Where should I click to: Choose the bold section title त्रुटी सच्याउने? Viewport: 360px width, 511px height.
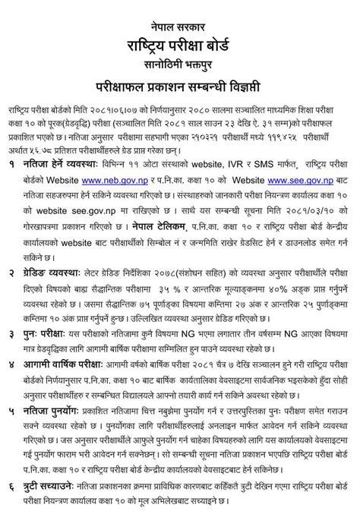[x=53, y=484]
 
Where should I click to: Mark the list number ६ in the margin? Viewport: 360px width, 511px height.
[x=12, y=484]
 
